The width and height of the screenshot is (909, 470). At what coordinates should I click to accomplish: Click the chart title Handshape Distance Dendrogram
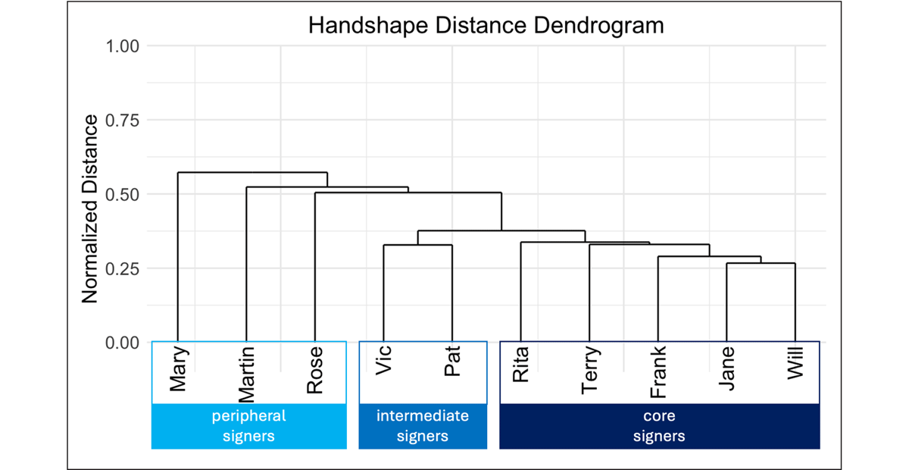coord(486,26)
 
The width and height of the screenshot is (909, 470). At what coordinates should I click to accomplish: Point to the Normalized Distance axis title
coord(90,209)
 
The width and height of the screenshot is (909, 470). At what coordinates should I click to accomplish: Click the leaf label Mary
coord(179,370)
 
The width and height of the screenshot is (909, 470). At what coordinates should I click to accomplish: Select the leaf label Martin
coord(247,374)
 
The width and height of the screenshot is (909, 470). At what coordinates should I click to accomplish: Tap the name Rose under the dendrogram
coord(315,371)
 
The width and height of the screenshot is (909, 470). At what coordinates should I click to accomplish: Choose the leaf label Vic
coord(384,362)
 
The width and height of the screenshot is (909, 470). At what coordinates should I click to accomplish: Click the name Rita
coord(520,365)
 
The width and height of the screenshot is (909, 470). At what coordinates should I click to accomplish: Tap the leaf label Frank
coord(658,372)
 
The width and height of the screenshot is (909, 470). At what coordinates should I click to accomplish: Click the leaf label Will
coord(795,363)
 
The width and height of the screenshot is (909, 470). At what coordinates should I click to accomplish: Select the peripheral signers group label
coord(248,426)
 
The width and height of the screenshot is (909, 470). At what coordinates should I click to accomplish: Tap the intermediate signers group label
coord(422,426)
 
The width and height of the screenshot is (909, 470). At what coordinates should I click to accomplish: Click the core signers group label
coord(659,426)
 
